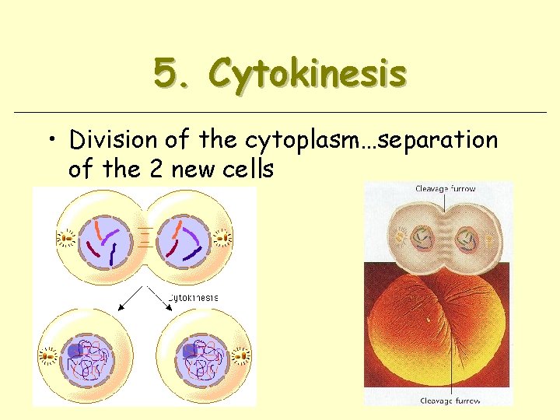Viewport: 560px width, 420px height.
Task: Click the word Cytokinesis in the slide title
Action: [x=308, y=75]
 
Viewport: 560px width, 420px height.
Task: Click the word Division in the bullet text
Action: [x=114, y=140]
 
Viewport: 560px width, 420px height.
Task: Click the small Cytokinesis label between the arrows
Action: [x=194, y=297]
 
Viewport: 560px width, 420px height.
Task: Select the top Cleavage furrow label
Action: [x=446, y=189]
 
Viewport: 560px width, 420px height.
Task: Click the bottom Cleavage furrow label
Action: [x=450, y=401]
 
